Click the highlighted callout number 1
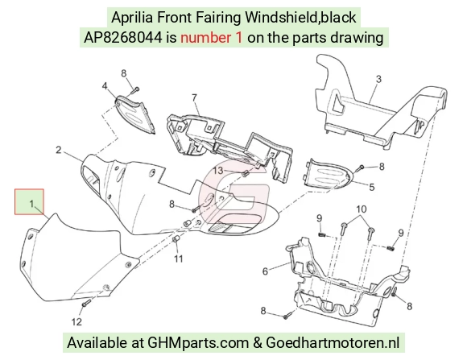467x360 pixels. pyautogui.click(x=31, y=204)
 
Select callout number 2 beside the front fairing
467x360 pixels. pyautogui.click(x=59, y=150)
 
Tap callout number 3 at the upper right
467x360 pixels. pyautogui.click(x=378, y=79)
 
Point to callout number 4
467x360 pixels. pyautogui.click(x=105, y=86)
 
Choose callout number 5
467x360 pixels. pyautogui.click(x=372, y=187)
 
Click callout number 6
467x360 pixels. pyautogui.click(x=265, y=271)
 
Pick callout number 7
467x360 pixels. pyautogui.click(x=195, y=97)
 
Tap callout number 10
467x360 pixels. pyautogui.click(x=361, y=209)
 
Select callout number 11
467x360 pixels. pyautogui.click(x=178, y=259)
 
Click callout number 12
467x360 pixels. pyautogui.click(x=76, y=322)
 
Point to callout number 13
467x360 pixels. pyautogui.click(x=218, y=171)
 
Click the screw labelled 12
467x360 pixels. pyautogui.click(x=86, y=304)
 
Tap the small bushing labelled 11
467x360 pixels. pyautogui.click(x=176, y=240)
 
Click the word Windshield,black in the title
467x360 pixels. pyautogui.click(x=300, y=17)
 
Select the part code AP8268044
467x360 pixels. pyautogui.click(x=123, y=38)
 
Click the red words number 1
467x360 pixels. pyautogui.click(x=211, y=38)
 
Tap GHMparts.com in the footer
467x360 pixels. pyautogui.click(x=198, y=343)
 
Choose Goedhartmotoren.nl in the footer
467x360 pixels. pyautogui.click(x=333, y=343)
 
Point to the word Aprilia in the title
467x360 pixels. pyautogui.click(x=132, y=18)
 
